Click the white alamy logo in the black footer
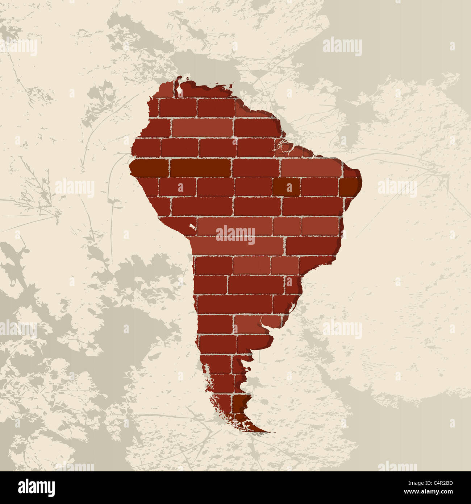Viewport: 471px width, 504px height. [37, 487]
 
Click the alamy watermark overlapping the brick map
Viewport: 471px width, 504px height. [236, 234]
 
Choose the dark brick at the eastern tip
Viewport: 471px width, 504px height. [350, 187]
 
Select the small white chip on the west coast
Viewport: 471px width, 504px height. [192, 227]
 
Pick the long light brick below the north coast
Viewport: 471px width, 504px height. [202, 128]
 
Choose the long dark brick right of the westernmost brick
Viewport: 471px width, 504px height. [200, 168]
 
